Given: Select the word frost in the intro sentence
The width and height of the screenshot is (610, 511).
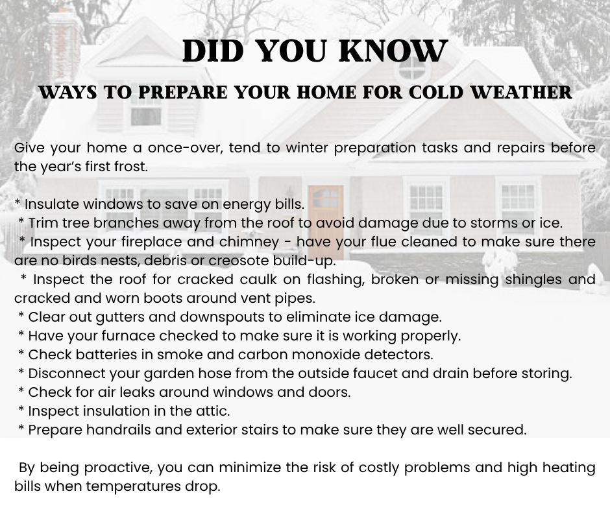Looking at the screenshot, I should tap(129, 167).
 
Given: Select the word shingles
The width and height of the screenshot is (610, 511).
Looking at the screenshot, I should tap(531, 279).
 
